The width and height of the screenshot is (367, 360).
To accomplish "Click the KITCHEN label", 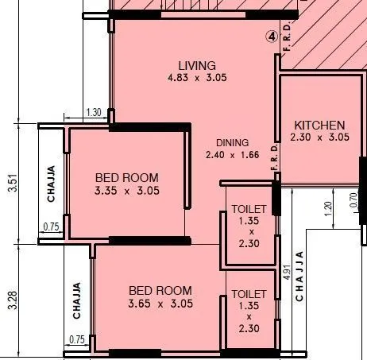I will point(319,125).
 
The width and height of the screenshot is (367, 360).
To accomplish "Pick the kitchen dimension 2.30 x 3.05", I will point(319,137).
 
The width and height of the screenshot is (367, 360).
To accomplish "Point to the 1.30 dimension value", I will point(92,113).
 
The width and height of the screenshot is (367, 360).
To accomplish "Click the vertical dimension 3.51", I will point(12,184).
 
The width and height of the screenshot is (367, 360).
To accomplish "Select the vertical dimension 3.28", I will point(12,300).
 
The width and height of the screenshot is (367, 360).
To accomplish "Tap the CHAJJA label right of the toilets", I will point(299,276).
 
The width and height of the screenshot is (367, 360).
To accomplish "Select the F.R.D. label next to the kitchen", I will point(273,158).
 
